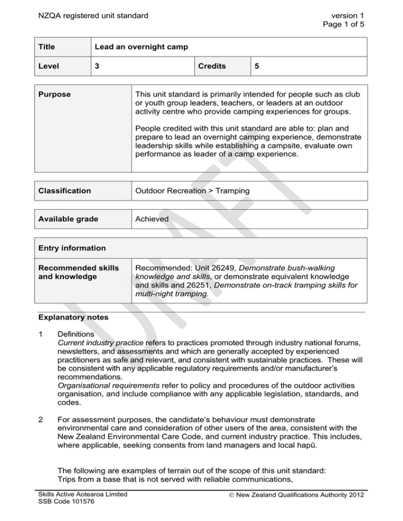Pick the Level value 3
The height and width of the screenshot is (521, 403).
97,66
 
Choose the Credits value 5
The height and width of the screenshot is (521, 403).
257,66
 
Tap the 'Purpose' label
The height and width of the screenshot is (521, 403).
58,95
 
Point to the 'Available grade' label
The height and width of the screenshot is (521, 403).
69,219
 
